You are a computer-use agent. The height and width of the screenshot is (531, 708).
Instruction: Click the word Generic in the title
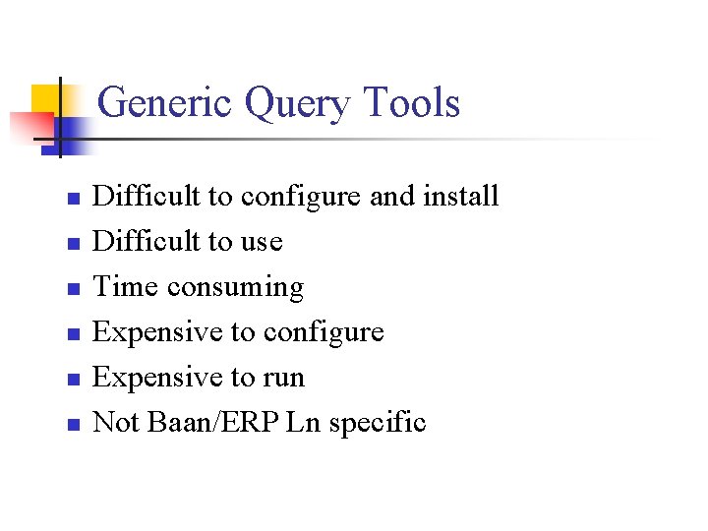coord(166,102)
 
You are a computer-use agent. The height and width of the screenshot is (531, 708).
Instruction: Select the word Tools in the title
coord(413,102)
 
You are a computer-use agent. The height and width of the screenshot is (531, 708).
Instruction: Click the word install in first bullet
coord(460,196)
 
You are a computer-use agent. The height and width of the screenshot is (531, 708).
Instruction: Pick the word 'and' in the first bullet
coord(392,196)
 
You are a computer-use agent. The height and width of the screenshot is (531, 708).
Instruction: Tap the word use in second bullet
coord(263,242)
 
